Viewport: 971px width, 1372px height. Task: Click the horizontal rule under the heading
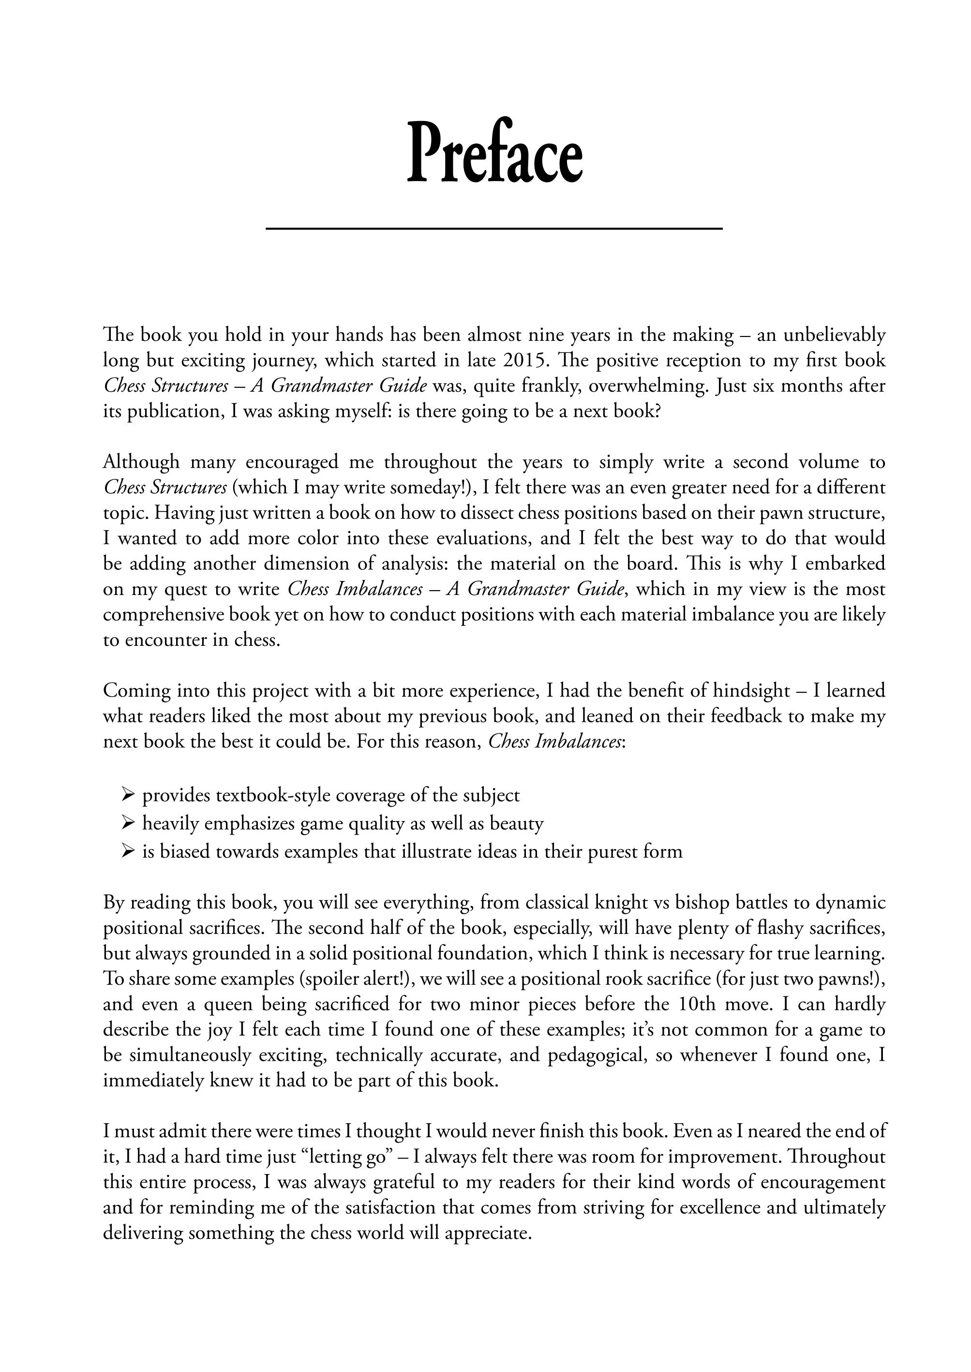point(494,229)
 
